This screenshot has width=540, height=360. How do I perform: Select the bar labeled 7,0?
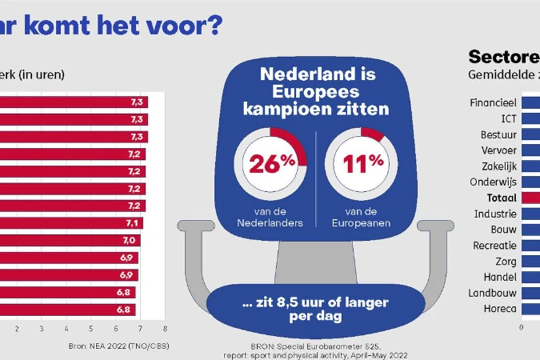coord(70,240)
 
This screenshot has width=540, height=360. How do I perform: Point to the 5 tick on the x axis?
coord(90,328)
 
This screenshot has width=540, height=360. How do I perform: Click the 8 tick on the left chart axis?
coord(165,328)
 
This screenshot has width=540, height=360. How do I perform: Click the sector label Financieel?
coord(495,103)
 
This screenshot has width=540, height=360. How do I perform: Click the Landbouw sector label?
coord(496,292)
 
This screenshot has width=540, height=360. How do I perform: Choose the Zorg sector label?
coord(506,261)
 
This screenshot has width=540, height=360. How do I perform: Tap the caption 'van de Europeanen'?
coord(361,218)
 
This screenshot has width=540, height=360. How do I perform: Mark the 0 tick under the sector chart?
coord(522,326)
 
